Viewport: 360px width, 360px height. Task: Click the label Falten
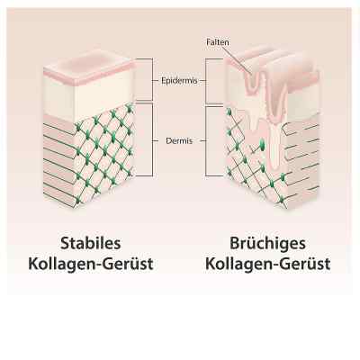tap(218, 42)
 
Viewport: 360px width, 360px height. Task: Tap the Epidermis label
tap(179, 81)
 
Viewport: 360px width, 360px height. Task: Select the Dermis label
tap(179, 140)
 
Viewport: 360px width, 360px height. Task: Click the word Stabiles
tap(91, 243)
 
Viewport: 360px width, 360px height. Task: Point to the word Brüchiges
tap(267, 244)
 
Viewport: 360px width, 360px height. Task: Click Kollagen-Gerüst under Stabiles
tap(91, 264)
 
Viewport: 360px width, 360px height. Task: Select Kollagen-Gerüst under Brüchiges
tap(268, 264)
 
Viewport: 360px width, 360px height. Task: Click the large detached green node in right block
tap(262, 144)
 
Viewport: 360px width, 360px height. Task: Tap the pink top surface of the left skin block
tap(88, 67)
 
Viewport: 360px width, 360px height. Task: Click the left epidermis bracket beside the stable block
tap(153, 79)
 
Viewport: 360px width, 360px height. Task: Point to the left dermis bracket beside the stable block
tap(153, 139)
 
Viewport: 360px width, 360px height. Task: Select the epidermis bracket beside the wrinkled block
tap(206, 81)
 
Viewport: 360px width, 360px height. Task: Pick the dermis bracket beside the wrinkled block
tap(206, 141)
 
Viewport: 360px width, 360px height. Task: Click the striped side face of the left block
tap(58, 162)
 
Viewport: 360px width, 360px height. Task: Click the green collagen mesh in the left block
tap(103, 153)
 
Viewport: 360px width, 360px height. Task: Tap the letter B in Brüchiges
tap(235, 243)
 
